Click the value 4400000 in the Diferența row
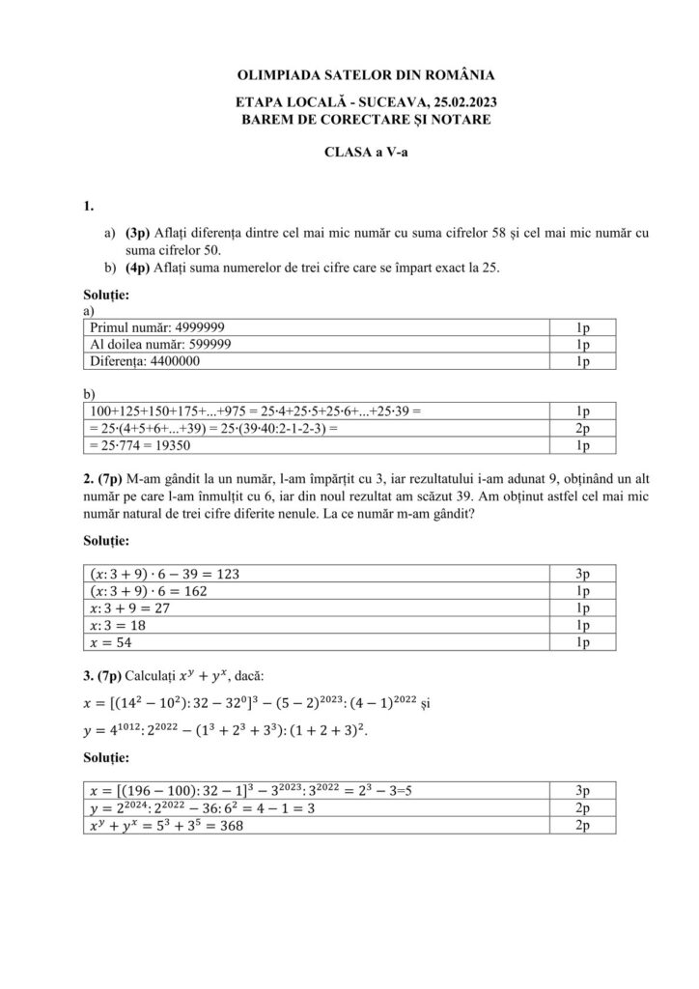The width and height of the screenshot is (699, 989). coord(199,360)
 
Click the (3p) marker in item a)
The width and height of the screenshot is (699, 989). coord(137,233)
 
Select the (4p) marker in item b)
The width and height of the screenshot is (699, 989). coord(137,268)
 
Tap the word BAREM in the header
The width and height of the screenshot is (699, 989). coord(266,119)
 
